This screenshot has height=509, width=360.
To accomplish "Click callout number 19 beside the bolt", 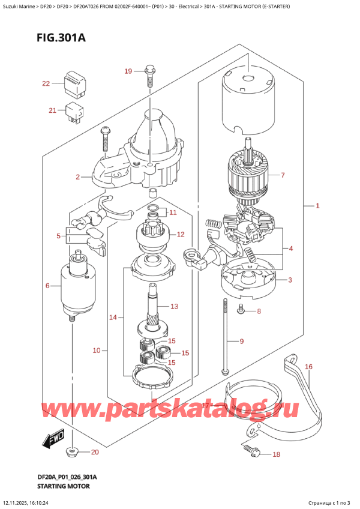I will [x=128, y=72].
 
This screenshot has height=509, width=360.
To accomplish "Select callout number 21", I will [x=52, y=110].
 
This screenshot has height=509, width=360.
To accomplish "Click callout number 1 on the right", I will [x=318, y=206].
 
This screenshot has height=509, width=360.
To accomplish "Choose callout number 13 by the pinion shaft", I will [x=174, y=307].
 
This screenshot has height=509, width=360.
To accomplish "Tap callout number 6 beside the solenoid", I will [x=47, y=286].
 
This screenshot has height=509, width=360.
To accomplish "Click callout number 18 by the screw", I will [x=276, y=454].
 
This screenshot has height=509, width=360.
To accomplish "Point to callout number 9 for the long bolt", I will [x=241, y=342].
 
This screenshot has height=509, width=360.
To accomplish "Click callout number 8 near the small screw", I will [x=259, y=311].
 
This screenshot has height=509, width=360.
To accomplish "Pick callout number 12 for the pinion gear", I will [x=181, y=234].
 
